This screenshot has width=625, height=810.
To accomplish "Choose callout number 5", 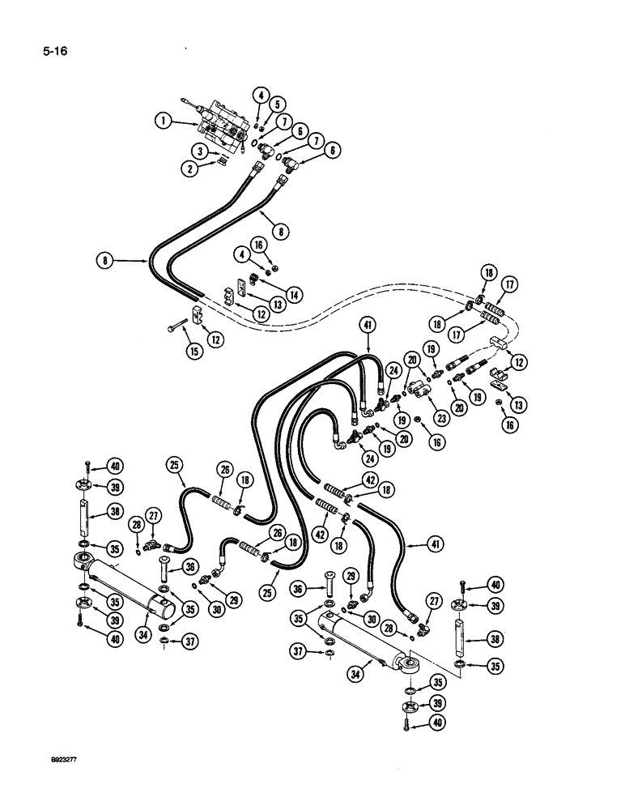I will click(x=278, y=104).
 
